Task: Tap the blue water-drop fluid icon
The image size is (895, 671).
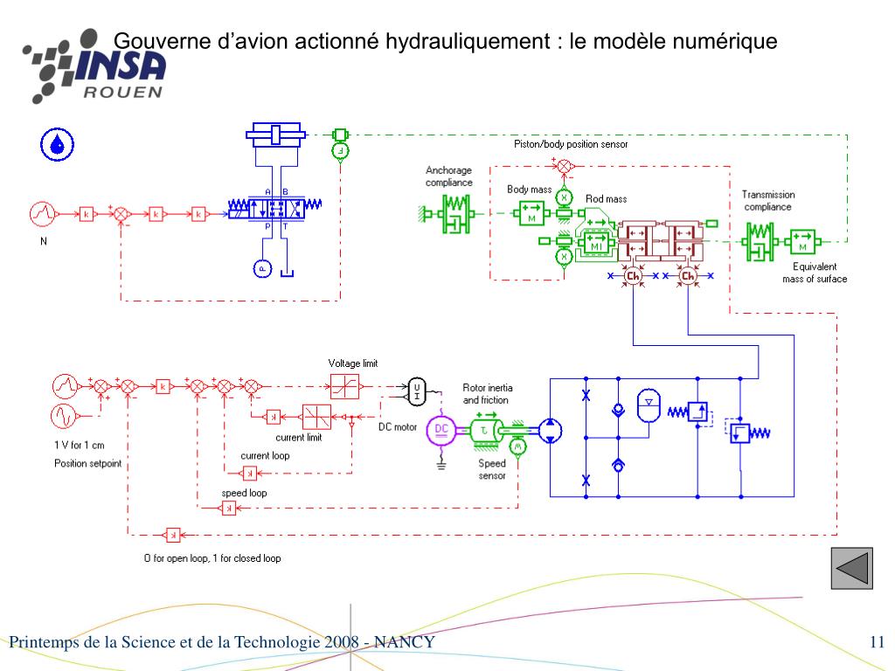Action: (x=58, y=144)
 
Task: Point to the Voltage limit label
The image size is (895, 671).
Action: (x=353, y=363)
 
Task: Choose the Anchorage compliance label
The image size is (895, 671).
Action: (x=449, y=176)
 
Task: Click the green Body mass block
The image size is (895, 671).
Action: (x=531, y=212)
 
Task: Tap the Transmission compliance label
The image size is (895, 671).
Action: (x=768, y=201)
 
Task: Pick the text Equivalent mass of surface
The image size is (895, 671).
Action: (x=815, y=273)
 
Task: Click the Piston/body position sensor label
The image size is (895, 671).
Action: (x=571, y=144)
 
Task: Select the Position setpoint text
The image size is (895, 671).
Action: (x=87, y=463)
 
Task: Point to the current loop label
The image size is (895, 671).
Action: (x=265, y=455)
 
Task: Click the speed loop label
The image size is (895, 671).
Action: (x=244, y=493)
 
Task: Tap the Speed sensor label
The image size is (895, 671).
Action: (x=492, y=470)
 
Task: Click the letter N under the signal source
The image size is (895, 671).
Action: (x=44, y=242)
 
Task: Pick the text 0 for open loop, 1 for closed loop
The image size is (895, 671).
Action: (x=212, y=558)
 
